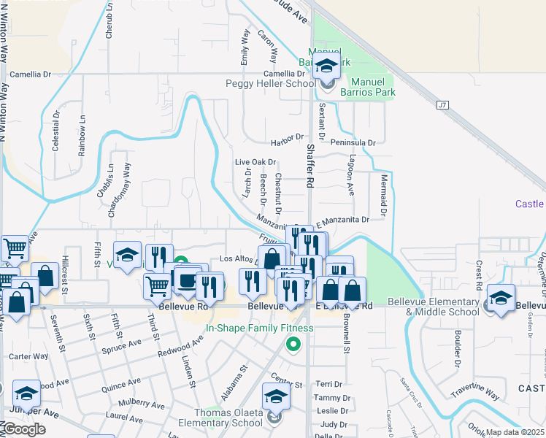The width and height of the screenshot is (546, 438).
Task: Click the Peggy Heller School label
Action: (x=271, y=84)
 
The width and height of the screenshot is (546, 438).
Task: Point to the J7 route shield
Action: (x=442, y=105)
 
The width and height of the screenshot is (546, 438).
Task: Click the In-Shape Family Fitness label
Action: (x=259, y=328)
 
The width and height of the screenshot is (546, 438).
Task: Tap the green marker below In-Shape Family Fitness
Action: (x=293, y=344)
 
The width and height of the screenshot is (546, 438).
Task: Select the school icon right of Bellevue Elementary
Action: (x=501, y=298)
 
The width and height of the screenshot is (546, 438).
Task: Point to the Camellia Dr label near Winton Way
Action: (x=31, y=74)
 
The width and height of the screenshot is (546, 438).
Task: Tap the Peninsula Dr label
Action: (x=353, y=143)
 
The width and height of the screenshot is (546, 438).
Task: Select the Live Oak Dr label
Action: (x=255, y=162)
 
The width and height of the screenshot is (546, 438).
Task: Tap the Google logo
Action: (x=23, y=429)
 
